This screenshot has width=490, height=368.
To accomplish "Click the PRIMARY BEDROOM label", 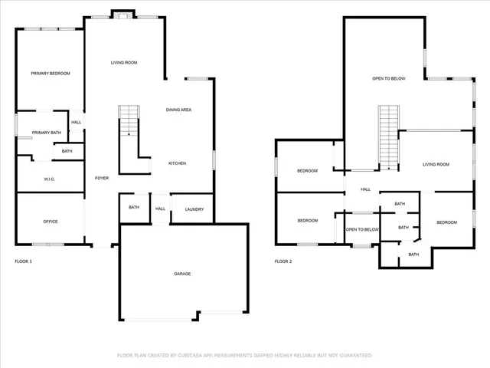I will [x=51, y=74].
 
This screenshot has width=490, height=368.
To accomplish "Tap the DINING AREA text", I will [x=178, y=110].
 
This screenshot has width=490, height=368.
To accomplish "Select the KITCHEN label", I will [x=178, y=163].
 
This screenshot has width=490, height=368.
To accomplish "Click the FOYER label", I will [x=101, y=178].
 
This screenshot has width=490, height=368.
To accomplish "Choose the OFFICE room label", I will [x=51, y=222].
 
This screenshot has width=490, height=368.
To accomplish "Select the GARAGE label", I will [x=182, y=274].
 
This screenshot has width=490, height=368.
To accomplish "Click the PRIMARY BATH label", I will [x=46, y=133].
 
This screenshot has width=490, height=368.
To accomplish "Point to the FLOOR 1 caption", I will [x=24, y=261].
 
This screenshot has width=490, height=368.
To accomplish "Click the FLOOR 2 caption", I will [x=283, y=261].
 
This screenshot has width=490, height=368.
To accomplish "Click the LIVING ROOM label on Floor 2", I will [x=436, y=164].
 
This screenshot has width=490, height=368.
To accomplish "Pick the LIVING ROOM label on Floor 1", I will [x=124, y=63].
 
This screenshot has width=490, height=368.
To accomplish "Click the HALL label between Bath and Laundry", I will [x=160, y=208].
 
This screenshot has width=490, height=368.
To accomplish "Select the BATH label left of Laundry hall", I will [x=134, y=208].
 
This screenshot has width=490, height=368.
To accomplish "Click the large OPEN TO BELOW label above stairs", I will [x=388, y=78].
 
